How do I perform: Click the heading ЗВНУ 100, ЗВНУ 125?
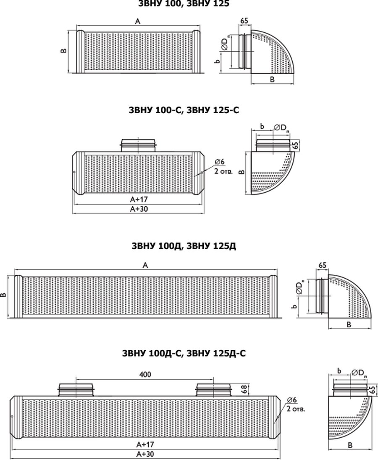coord(184,3)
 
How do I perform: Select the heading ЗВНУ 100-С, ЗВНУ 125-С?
coord(184,110)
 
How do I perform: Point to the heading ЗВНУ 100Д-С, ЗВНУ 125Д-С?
coord(184,353)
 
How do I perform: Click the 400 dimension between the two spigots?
coord(145,374)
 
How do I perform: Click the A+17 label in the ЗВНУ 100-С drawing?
coord(139,199)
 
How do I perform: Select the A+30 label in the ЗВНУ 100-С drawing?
coord(139,209)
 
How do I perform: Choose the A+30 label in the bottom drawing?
coord(145,454)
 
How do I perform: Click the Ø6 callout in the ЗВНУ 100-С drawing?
coord(219,162)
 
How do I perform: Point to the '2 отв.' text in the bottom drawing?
coord(296,409)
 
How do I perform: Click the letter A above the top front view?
coord(138,21)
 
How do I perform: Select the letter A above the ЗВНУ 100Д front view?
coord(145,265)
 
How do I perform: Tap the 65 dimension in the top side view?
coord(244,21)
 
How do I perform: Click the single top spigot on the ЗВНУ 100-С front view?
coord(139,145)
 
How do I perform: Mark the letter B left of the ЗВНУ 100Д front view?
coord(3,295)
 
